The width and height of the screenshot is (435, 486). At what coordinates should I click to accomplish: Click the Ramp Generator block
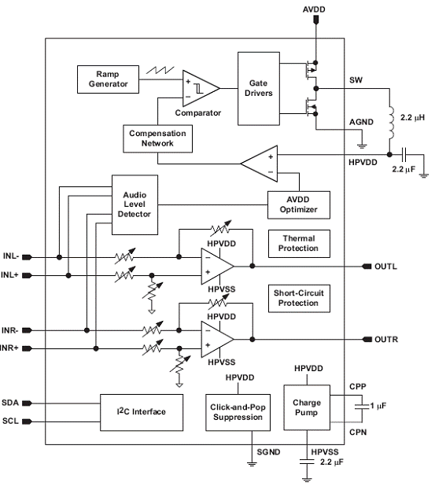coord(108,79)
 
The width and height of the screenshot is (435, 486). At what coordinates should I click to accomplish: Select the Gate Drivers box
coord(259,89)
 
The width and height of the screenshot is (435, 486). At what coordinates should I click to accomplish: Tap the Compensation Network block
coord(157,138)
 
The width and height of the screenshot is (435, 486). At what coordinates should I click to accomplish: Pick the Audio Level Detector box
coord(135,205)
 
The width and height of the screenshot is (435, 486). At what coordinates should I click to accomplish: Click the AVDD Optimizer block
coord(299,205)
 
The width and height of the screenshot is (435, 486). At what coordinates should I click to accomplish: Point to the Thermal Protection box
coord(299,244)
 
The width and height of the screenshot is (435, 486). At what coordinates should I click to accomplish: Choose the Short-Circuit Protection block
coord(299,299)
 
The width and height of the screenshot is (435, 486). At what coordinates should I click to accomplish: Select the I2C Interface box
coord(142,412)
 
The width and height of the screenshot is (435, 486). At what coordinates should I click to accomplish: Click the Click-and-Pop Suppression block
coord(238,412)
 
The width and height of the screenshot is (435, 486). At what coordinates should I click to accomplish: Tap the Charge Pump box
coord(307,407)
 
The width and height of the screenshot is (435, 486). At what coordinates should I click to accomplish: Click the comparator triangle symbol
coord(201,88)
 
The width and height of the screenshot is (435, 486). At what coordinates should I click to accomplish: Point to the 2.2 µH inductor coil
coord(391,123)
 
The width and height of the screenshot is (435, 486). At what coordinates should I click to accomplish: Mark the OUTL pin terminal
coord(367,267)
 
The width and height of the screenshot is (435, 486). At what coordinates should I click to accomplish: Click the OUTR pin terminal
coord(367,340)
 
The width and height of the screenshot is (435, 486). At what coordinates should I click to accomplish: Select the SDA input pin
coord(27,403)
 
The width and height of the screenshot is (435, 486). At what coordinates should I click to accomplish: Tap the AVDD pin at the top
coord(315,20)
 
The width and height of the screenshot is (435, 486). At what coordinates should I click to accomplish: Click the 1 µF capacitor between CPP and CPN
coord(362,407)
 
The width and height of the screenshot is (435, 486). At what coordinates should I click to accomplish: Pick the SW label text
coord(356,80)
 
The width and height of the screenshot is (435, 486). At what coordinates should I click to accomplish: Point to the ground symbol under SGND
coord(252,464)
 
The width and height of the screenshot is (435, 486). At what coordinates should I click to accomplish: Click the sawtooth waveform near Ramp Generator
coord(160,70)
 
